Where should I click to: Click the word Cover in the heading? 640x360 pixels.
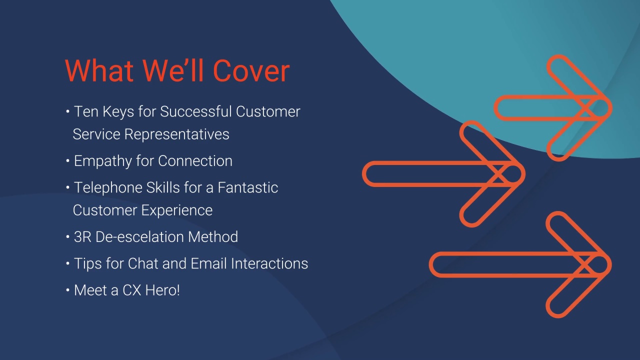[x=251, y=70]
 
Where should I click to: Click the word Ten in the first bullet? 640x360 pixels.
[x=86, y=111]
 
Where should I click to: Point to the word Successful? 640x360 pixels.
[x=196, y=111]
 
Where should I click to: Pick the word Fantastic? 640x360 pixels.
[x=247, y=187]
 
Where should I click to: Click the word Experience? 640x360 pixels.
[x=179, y=210]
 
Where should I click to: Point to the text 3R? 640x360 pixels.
[x=82, y=237]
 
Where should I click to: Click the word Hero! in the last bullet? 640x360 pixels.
[x=162, y=290]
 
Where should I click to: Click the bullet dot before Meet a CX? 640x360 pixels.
[x=67, y=290]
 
